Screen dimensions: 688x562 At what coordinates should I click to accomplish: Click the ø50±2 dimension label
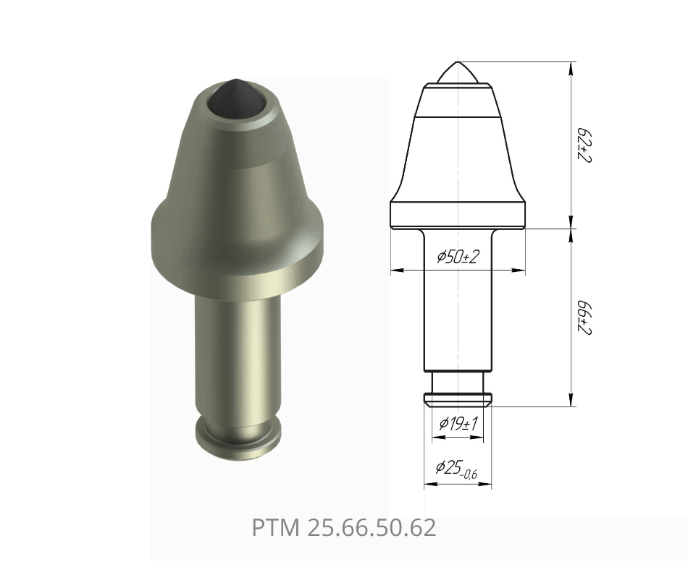pyautogui.click(x=457, y=257)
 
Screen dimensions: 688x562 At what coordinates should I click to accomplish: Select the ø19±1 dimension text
pyautogui.click(x=458, y=423)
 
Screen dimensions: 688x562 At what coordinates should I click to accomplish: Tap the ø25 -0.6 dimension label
pyautogui.click(x=456, y=469)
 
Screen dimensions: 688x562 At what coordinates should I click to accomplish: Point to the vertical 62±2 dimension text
pyautogui.click(x=584, y=145)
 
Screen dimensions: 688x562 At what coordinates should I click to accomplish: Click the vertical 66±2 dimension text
pyautogui.click(x=584, y=318)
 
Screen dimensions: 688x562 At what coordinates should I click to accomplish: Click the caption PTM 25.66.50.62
pyautogui.click(x=344, y=527)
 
